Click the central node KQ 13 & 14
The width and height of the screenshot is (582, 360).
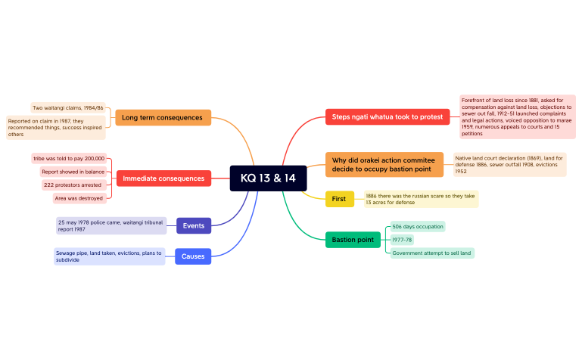click(x=268, y=178)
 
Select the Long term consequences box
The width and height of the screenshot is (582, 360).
click(x=163, y=117)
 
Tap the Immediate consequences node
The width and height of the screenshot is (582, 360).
click(x=163, y=178)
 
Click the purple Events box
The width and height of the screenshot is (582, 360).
click(x=194, y=226)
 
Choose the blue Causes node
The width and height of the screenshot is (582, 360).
click(x=193, y=256)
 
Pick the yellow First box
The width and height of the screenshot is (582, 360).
click(x=340, y=199)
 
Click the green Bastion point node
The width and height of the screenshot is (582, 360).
click(x=353, y=240)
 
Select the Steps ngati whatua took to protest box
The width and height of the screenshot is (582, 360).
click(x=387, y=116)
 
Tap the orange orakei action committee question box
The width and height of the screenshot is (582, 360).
click(x=384, y=165)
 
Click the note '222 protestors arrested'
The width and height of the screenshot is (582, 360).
click(x=73, y=185)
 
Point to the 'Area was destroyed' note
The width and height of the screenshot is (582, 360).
click(x=79, y=198)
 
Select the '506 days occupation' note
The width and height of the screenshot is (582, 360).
click(x=418, y=227)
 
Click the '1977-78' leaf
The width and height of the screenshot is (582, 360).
click(x=402, y=240)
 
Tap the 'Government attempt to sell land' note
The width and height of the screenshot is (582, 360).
click(x=432, y=253)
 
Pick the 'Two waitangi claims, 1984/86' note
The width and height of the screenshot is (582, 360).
click(x=68, y=108)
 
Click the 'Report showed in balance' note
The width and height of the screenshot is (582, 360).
click(x=73, y=172)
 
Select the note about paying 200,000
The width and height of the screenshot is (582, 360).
click(x=69, y=158)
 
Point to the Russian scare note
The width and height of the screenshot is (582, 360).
click(x=421, y=199)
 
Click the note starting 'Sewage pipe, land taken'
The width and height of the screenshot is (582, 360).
click(x=110, y=256)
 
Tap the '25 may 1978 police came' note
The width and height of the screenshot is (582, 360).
click(x=111, y=226)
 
